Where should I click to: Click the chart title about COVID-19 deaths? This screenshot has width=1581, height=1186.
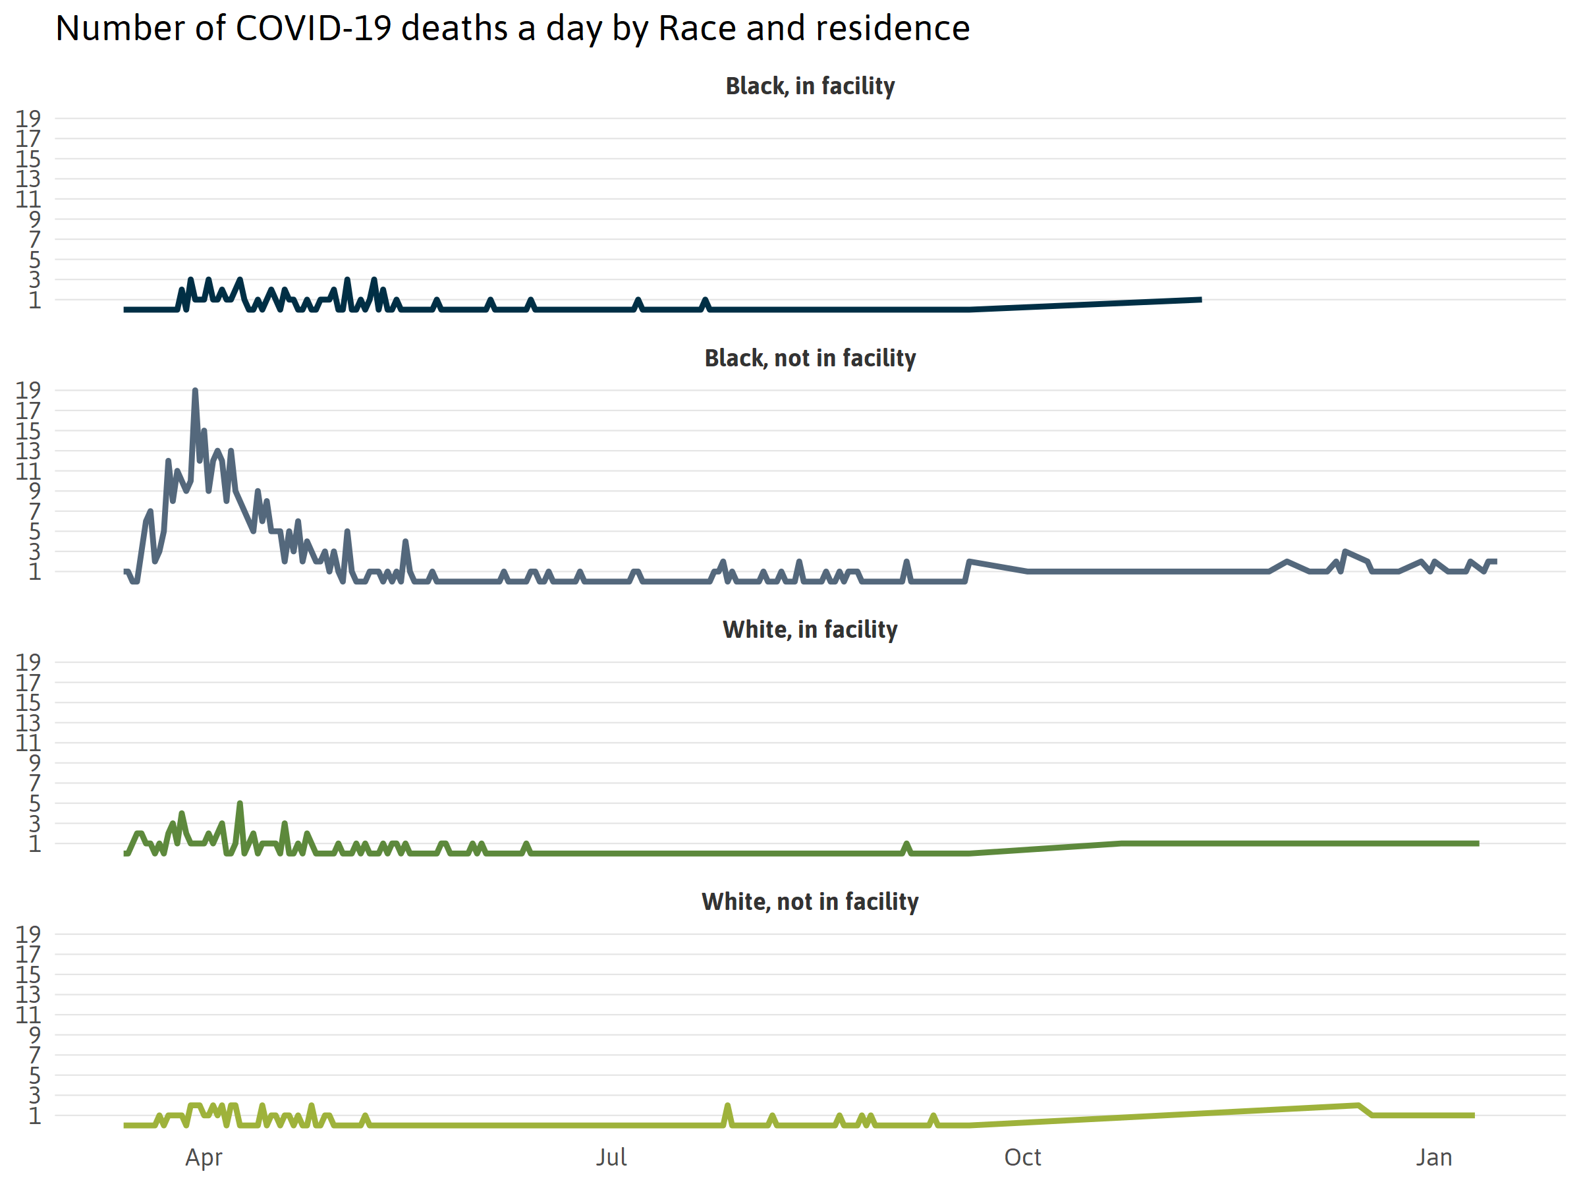tap(512, 28)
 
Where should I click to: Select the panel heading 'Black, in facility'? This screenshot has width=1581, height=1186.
tap(810, 86)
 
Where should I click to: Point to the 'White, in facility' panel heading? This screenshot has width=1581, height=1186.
tap(810, 629)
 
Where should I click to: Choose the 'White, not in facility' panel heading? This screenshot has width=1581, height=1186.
tap(810, 901)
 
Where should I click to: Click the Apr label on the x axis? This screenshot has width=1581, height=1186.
tap(204, 1157)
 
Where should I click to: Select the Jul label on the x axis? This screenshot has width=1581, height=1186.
tap(611, 1157)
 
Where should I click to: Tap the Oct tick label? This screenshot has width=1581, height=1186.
tap(1022, 1157)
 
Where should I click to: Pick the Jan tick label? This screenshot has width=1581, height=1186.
tap(1433, 1157)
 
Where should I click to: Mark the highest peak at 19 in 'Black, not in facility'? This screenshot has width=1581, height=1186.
tap(195, 391)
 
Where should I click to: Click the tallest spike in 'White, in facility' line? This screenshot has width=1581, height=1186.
tap(240, 804)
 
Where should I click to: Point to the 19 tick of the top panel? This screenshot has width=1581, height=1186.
tap(28, 118)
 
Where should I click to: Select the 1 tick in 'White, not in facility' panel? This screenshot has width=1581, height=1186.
tap(34, 1115)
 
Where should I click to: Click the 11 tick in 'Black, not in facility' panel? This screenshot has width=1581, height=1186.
tap(28, 471)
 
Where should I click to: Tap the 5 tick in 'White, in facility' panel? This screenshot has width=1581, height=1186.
tap(34, 804)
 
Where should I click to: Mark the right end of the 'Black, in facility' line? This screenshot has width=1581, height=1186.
tap(1201, 300)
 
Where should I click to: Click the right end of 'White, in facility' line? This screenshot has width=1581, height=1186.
tap(1478, 843)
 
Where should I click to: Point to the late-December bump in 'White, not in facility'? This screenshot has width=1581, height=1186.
tap(1356, 1106)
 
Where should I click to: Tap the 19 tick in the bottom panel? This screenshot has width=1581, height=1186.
tap(28, 934)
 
